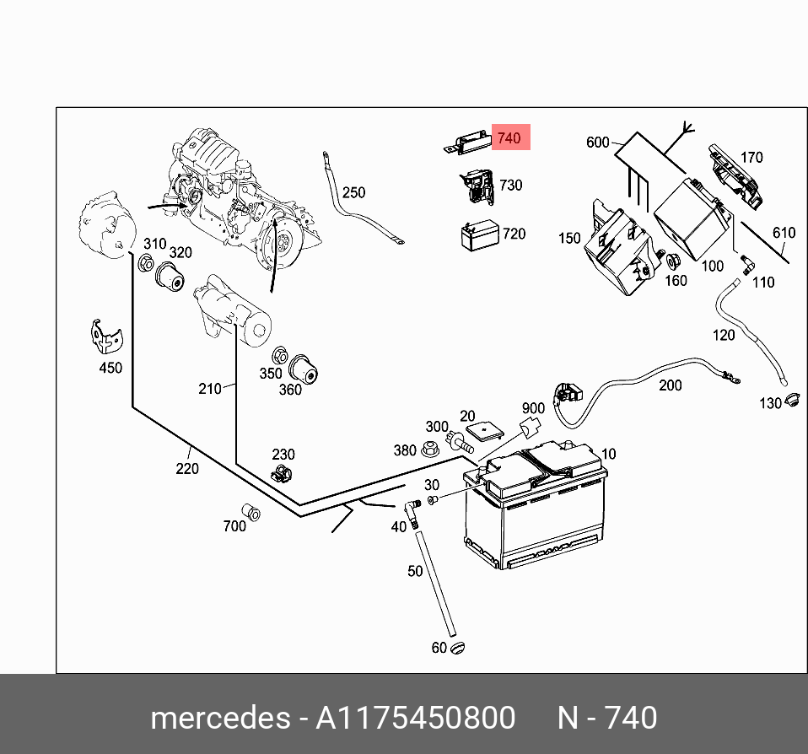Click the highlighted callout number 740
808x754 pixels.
click(x=509, y=137)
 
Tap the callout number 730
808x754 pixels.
click(x=511, y=186)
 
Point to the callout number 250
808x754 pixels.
click(x=353, y=193)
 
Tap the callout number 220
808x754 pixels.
click(x=187, y=469)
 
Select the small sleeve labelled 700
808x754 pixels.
click(x=250, y=511)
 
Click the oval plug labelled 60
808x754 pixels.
click(x=458, y=647)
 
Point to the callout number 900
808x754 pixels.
click(x=533, y=409)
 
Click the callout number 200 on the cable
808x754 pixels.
click(x=670, y=385)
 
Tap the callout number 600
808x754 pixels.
click(x=598, y=143)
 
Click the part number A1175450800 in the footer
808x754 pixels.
click(x=415, y=718)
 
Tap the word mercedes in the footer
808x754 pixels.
click(x=218, y=718)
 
